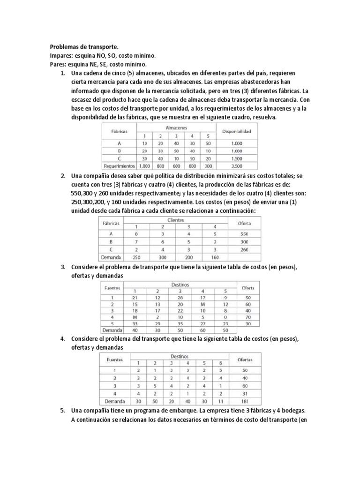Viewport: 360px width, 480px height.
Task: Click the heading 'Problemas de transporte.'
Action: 84,47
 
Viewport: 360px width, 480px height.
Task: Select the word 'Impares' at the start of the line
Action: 61,56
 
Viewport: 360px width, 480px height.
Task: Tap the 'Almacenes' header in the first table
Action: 176,127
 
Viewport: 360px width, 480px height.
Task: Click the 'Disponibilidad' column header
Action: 237,132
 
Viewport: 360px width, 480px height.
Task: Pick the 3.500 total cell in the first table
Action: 237,166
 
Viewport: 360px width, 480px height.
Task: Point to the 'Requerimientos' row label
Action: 120,166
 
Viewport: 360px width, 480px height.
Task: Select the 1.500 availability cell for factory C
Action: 237,158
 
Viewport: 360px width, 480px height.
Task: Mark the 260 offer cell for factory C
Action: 244,250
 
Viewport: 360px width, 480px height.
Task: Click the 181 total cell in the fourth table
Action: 245,401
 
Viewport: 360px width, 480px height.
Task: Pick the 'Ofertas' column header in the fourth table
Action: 245,360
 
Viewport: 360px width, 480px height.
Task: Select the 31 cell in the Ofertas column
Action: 245,393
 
